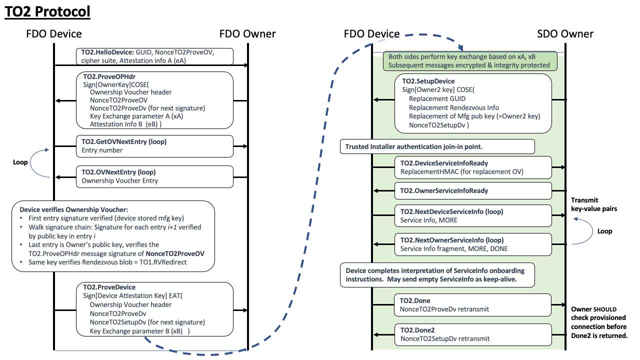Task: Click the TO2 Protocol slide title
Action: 47,11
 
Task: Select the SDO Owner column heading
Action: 565,34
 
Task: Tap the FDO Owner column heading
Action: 247,34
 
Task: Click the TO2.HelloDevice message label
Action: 106,51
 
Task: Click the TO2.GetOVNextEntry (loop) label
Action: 124,141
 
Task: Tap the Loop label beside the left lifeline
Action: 20,162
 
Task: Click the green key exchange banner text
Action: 469,61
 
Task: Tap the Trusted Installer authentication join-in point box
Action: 437,147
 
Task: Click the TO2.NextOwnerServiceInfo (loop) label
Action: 452,240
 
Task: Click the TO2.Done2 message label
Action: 417,330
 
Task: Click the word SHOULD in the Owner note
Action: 605,309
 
